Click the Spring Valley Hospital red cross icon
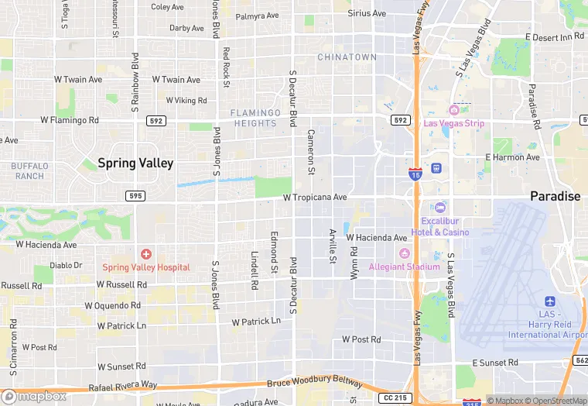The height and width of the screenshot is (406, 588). tap(146, 254)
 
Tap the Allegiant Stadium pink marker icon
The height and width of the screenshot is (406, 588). tap(403, 254)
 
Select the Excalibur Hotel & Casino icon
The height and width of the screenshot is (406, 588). tap(440, 208)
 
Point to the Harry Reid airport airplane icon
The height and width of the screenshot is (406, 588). tap(550, 301)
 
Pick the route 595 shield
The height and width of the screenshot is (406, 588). tap(135, 196)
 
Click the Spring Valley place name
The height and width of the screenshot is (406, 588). tap(135, 163)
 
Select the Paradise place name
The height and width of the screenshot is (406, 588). tap(555, 197)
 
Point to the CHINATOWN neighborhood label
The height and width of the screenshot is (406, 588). tap(347, 57)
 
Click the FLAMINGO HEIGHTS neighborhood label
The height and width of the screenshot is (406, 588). tap(254, 118)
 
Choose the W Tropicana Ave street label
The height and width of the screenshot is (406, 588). tap(315, 198)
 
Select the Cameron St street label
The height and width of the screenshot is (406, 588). tap(312, 152)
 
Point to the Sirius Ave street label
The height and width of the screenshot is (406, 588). tap(366, 14)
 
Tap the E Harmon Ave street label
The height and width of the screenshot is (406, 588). tap(511, 157)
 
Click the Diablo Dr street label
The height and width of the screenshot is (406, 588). tap(66, 265)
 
